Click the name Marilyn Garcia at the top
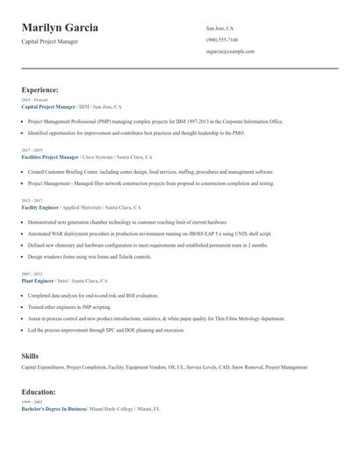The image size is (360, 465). [60, 28]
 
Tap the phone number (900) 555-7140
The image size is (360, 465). [222, 39]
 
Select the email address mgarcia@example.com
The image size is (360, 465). [230, 52]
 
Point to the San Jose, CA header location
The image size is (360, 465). [220, 28]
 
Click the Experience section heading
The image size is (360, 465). [40, 89]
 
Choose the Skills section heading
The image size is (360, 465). [30, 356]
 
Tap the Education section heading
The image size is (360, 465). [39, 392]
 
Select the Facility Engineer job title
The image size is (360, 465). [40, 207]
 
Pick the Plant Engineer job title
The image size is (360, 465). [38, 281]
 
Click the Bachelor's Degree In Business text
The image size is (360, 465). [54, 410]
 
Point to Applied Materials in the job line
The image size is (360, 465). [82, 207]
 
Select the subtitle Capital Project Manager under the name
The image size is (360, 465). [53, 42]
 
